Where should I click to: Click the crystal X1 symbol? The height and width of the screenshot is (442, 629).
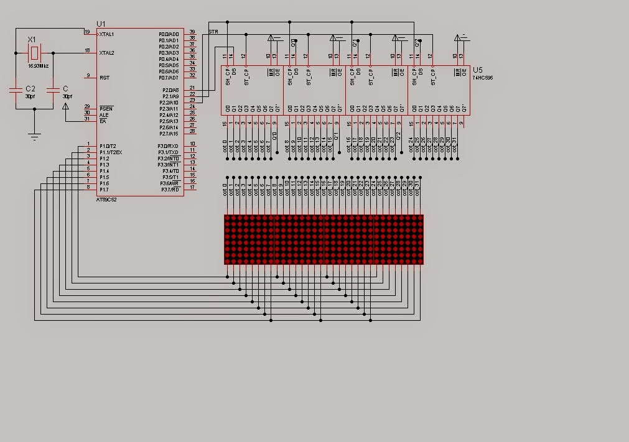[x=34, y=52]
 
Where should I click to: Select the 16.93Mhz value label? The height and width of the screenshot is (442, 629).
[x=39, y=65]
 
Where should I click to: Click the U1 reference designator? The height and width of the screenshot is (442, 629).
[x=101, y=24]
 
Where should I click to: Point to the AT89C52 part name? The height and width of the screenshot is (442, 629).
[x=106, y=200]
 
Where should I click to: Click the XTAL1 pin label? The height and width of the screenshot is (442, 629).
[x=107, y=34]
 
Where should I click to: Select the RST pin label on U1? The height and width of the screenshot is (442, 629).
[x=105, y=77]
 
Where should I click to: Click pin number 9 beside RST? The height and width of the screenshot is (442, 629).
[x=88, y=76]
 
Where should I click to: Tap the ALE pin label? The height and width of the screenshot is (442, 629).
[x=104, y=114]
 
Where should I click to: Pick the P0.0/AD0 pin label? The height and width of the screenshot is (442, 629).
[x=169, y=34]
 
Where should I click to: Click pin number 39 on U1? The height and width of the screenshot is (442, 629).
[x=193, y=32]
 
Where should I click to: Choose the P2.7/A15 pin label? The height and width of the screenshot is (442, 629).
[x=169, y=134]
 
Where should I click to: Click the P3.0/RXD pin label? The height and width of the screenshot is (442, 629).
[x=169, y=145]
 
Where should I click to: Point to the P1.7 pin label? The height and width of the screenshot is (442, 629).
[x=105, y=189]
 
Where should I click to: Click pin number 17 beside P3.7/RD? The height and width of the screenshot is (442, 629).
[x=193, y=187]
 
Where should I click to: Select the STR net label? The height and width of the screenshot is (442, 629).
[x=213, y=31]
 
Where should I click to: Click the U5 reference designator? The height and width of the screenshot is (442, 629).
[x=478, y=70]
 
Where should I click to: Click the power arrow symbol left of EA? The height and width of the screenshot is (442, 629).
[x=66, y=107]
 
